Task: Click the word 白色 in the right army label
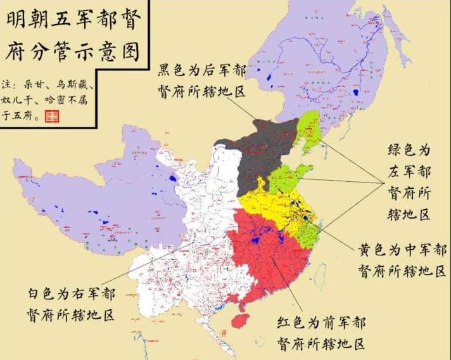click(43, 293)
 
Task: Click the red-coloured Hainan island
click(240, 321)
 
